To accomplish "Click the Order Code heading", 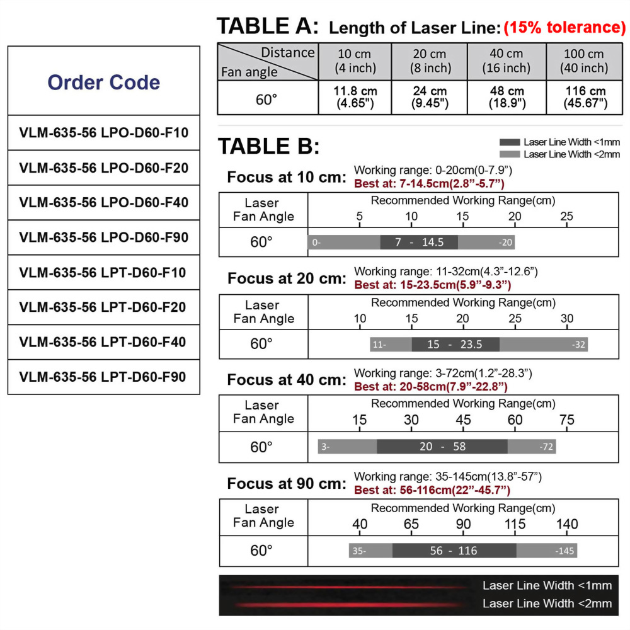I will [104, 82].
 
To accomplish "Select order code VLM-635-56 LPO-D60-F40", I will [104, 203].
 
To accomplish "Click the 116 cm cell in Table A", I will [584, 97].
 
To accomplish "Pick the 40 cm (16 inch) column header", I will [506, 61].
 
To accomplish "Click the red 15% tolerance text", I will [564, 28].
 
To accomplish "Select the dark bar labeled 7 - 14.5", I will [419, 243].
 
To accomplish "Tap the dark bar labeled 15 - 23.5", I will [455, 345].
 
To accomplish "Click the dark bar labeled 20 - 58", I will [442, 447].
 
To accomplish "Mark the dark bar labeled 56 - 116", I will [454, 551].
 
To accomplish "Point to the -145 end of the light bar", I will [564, 551].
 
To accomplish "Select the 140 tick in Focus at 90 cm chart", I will [567, 524].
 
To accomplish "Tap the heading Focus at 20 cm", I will [287, 278].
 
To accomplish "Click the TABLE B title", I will [269, 147].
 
